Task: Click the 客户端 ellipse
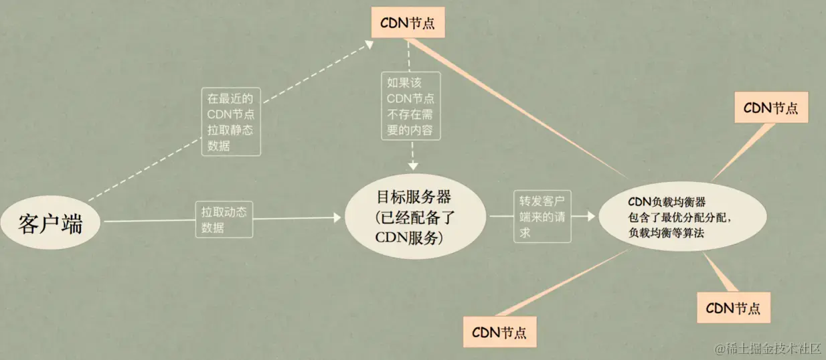51,223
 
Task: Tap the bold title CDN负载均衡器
667,201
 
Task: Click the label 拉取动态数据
224,219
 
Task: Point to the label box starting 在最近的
230,121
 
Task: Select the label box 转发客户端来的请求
543,216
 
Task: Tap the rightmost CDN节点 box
771,108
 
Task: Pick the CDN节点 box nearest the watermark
733,308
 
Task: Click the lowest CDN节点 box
499,331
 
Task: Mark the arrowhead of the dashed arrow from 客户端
370,43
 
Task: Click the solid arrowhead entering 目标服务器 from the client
337,218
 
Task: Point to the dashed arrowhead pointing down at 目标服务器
414,165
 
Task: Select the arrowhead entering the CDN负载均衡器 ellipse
590,216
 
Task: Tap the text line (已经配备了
414,217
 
